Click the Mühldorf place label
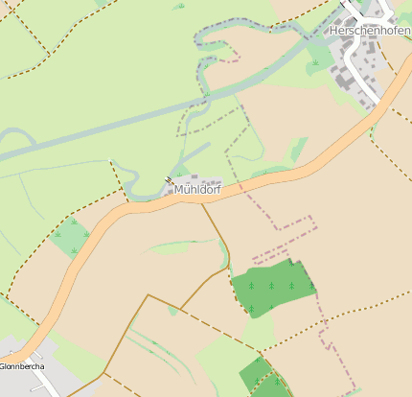coord(197,190)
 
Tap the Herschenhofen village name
coord(369,31)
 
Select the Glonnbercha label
coord(22,366)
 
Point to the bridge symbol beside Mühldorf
coord(169,179)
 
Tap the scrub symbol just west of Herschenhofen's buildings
coord(314,63)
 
